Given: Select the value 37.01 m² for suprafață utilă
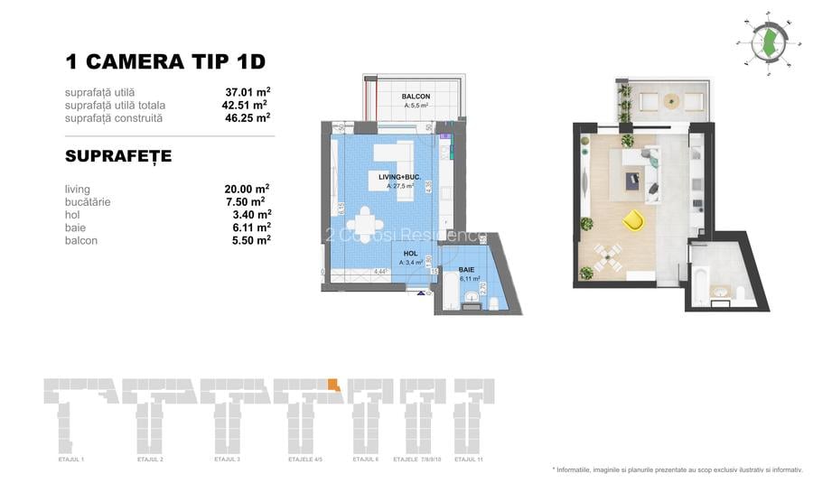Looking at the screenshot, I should [248, 91].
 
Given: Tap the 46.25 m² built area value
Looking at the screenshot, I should [248, 117].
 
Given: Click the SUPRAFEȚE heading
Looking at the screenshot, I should [118, 156].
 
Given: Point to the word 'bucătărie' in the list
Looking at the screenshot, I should [88, 202].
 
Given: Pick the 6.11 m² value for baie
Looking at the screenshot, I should [246, 228].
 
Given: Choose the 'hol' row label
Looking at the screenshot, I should [73, 215].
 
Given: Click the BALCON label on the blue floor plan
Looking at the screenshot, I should [416, 97].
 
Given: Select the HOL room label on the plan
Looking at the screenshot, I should [409, 255].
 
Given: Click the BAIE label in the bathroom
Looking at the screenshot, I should [465, 270].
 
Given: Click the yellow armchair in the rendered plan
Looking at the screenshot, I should [634, 219].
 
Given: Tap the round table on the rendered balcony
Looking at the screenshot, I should [671, 101].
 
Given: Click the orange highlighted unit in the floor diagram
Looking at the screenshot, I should [333, 386].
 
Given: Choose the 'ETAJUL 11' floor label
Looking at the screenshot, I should [469, 460].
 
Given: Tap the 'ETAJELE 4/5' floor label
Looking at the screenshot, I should [307, 460].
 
